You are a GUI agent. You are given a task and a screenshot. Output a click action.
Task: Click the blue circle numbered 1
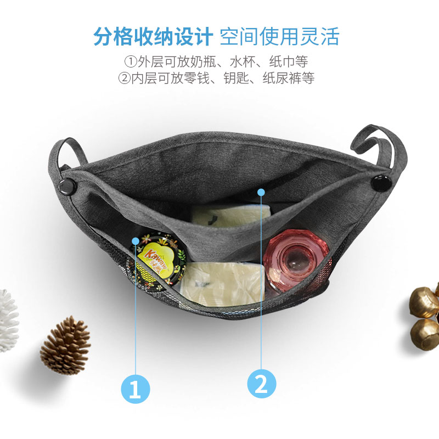pyautogui.click(x=135, y=389)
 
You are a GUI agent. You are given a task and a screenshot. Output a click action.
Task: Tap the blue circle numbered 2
pyautogui.click(x=261, y=384)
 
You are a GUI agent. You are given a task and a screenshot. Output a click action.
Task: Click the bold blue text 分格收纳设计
pyautogui.click(x=153, y=36)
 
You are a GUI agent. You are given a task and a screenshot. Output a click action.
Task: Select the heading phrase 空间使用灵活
pyautogui.click(x=279, y=36)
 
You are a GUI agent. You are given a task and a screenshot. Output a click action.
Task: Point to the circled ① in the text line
pyautogui.click(x=130, y=61)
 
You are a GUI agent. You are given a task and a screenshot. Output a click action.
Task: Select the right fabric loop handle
pyautogui.click(x=380, y=144)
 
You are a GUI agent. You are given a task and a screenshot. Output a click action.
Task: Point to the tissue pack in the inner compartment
pyautogui.click(x=230, y=215)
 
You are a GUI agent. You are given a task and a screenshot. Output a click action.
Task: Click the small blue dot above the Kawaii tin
pyautogui.click(x=136, y=240)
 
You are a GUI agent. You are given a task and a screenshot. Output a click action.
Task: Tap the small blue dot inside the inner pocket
pyautogui.click(x=261, y=192)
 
